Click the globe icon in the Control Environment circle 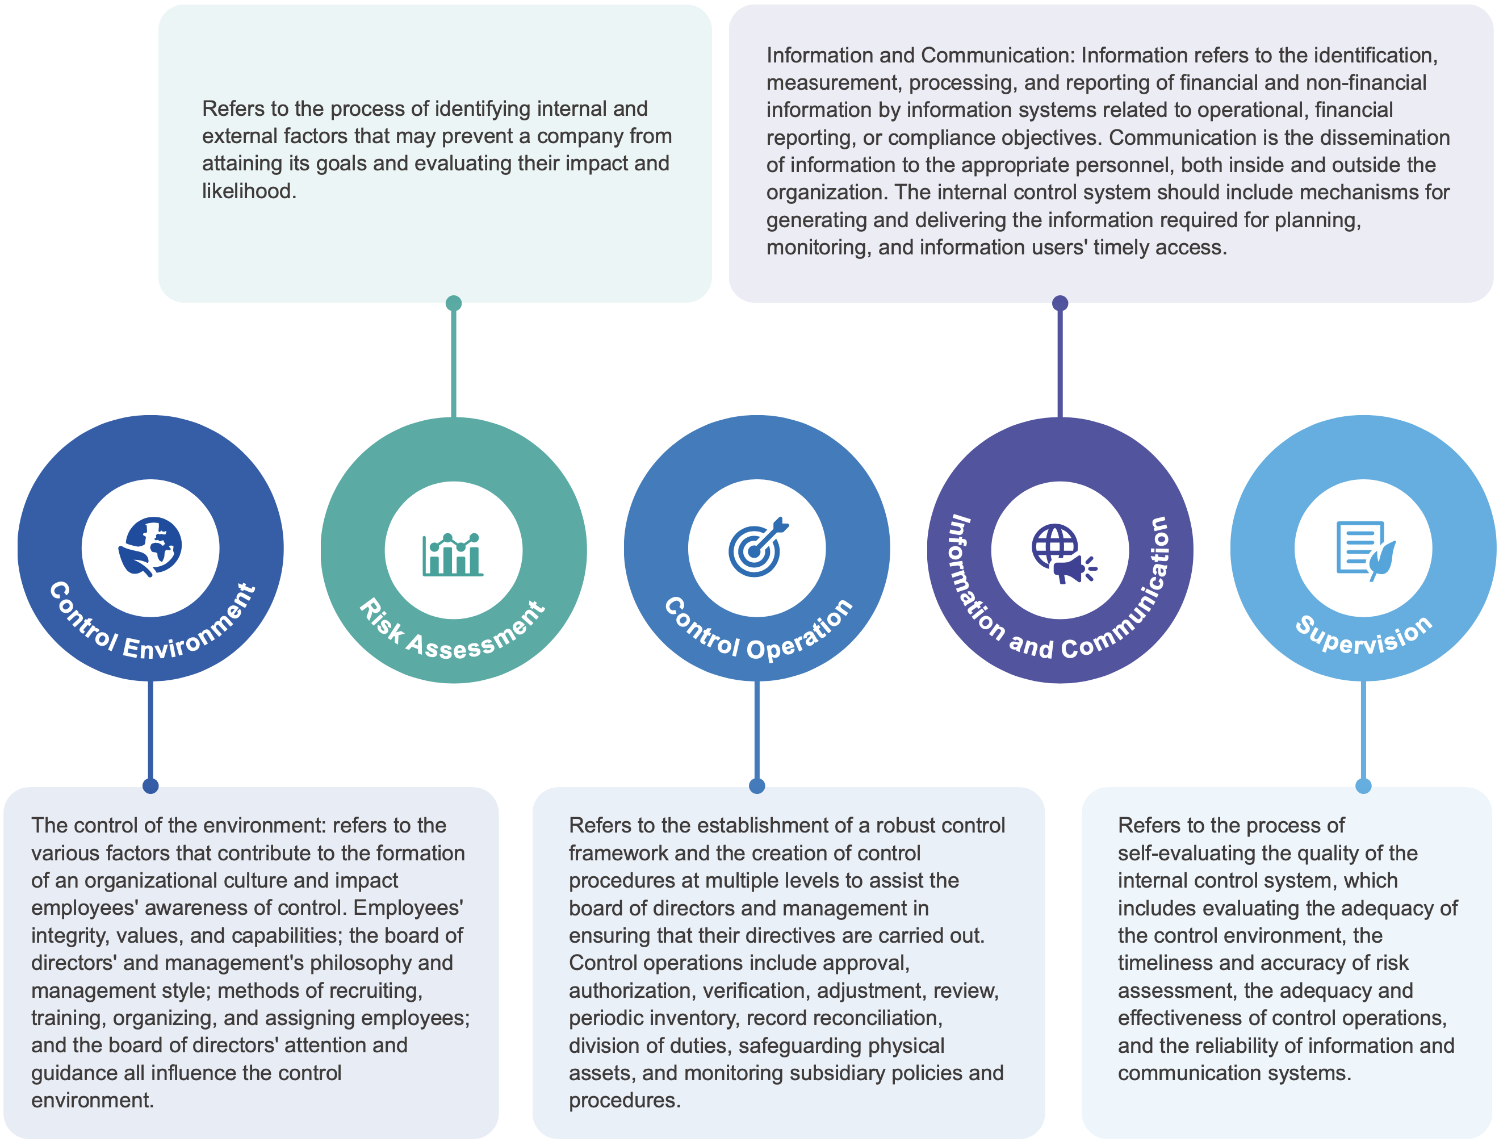click(x=150, y=547)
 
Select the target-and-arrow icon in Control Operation click(x=757, y=547)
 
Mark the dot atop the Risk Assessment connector click(x=454, y=303)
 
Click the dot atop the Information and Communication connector click(x=1060, y=303)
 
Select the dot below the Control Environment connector click(x=150, y=786)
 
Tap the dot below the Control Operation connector click(x=757, y=786)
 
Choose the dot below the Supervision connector click(x=1363, y=786)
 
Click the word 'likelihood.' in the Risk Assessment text click(x=249, y=191)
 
